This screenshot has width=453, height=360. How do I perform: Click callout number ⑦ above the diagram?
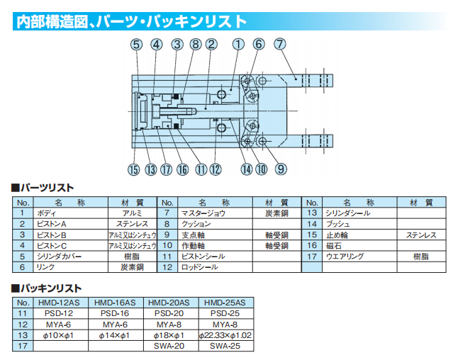(x=281, y=44)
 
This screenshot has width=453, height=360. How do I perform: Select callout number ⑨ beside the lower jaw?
(x=281, y=169)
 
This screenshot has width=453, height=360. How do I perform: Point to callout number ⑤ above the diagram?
(x=135, y=44)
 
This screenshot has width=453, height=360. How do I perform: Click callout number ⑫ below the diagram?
(x=216, y=169)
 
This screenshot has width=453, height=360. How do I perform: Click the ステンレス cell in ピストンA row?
(x=132, y=223)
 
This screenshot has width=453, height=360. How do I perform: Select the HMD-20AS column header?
(x=169, y=302)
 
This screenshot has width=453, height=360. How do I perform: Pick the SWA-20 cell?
(x=169, y=346)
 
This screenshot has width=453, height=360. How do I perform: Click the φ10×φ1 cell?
(x=60, y=334)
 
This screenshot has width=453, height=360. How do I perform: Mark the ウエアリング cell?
(x=345, y=256)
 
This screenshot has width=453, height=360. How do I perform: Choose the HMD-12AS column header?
(x=60, y=302)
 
